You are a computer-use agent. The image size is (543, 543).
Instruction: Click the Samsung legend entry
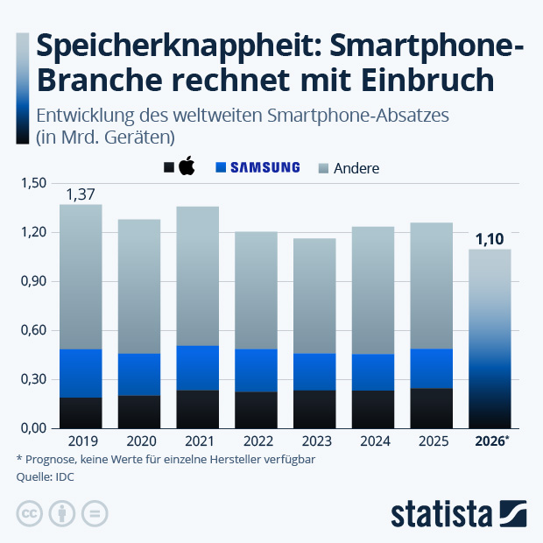tap(264, 167)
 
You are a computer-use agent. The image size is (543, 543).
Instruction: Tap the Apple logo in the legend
tap(186, 167)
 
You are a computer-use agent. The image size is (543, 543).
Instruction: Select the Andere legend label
tap(356, 167)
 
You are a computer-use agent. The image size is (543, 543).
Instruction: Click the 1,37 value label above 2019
tap(81, 194)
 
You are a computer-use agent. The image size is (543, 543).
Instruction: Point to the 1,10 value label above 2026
tap(490, 238)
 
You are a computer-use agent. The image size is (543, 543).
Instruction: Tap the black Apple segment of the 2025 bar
tap(432, 408)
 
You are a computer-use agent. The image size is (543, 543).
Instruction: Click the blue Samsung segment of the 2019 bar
tap(81, 373)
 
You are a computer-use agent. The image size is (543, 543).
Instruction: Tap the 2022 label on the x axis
tap(256, 441)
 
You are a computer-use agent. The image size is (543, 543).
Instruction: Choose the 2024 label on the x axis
tap(373, 441)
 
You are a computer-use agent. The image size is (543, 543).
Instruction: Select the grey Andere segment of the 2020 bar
tap(139, 286)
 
